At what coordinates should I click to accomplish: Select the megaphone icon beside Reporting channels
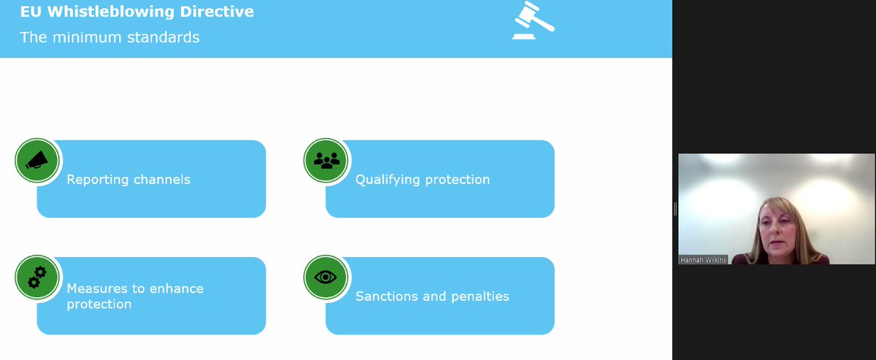click(37, 160)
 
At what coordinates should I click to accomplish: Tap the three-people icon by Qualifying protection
click(326, 160)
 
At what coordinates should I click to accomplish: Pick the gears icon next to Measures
click(37, 277)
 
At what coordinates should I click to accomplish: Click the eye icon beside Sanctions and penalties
click(326, 277)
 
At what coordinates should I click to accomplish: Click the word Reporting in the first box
click(96, 180)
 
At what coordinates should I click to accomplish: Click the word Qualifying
click(386, 180)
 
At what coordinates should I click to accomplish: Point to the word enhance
click(176, 288)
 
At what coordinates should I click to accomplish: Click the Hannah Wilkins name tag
click(703, 259)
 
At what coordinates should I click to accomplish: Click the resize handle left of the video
click(675, 209)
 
